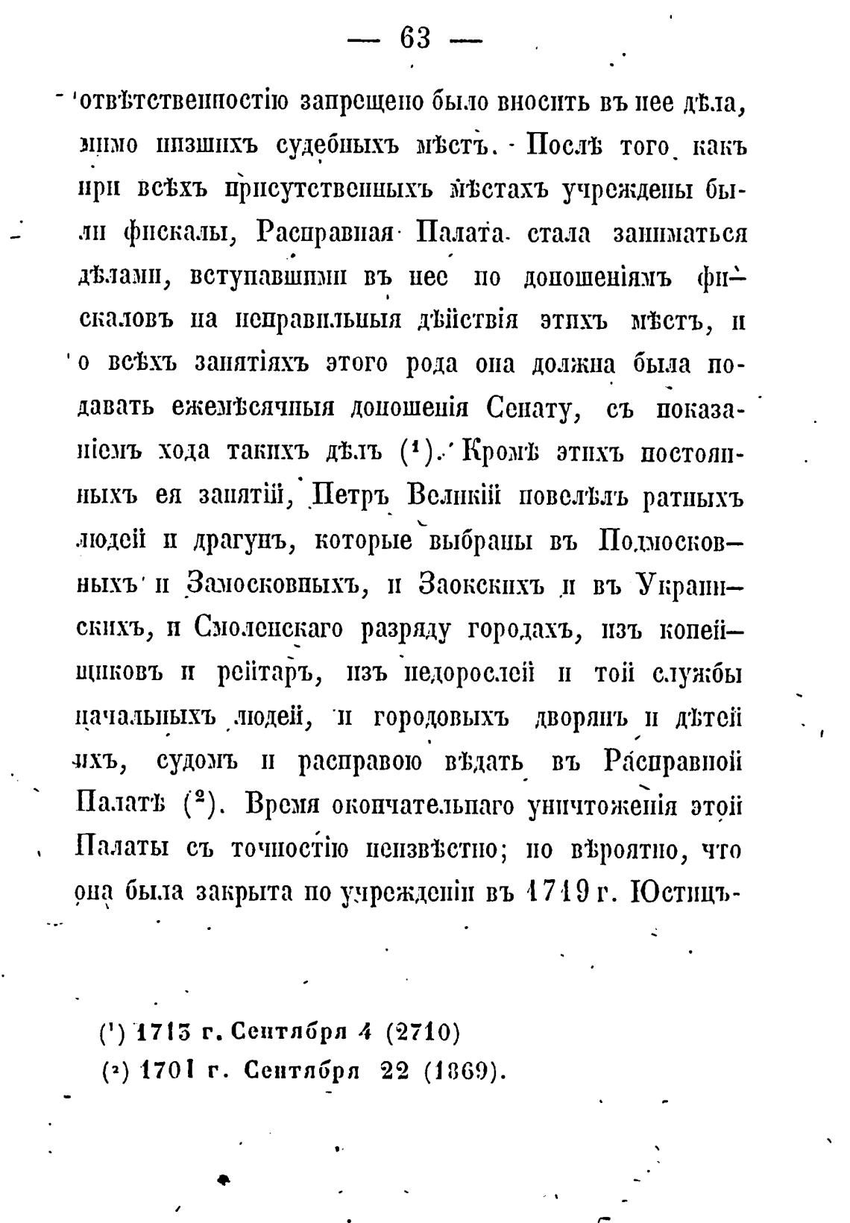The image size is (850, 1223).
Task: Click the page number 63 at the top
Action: [x=415, y=37]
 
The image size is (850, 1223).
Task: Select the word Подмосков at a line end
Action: [x=670, y=540]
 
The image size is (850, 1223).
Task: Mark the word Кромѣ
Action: [x=500, y=452]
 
